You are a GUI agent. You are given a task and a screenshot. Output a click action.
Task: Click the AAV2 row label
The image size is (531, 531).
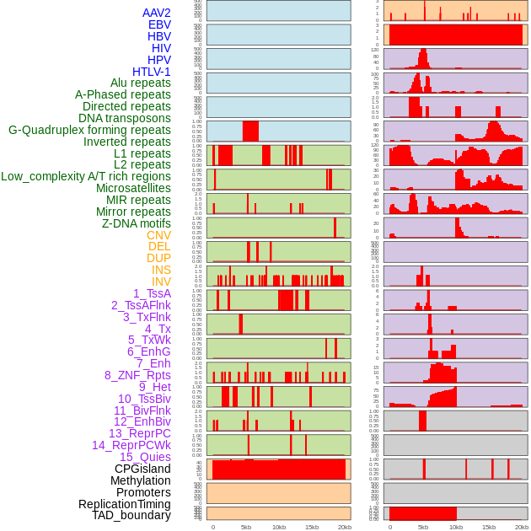[157, 13]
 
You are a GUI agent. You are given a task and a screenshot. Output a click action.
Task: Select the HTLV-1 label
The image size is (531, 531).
[152, 72]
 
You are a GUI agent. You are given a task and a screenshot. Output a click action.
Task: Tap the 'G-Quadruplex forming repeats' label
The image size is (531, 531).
[89, 130]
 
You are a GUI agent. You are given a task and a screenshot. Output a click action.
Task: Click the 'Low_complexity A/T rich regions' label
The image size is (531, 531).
[86, 176]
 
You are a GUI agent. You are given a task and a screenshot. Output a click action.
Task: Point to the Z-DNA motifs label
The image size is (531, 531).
[137, 223]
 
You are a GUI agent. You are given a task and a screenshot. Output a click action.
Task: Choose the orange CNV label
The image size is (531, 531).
[158, 235]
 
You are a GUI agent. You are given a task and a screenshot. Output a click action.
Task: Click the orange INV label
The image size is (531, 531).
[161, 282]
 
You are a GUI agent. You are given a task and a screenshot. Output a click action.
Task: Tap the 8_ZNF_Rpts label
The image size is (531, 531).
[137, 375]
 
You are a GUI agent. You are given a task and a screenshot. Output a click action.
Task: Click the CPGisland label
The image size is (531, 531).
[142, 469]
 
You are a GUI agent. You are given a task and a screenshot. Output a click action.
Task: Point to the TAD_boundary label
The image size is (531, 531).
[131, 515]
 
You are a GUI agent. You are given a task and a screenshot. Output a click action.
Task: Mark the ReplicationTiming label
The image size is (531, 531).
[125, 504]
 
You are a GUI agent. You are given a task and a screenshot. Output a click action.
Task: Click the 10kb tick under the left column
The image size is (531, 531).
[278, 527]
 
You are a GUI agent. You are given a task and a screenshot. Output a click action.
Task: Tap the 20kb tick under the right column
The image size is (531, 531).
[522, 527]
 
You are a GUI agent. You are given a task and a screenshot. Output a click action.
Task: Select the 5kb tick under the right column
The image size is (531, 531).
[423, 527]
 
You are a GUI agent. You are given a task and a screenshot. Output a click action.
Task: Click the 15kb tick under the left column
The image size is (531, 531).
[312, 527]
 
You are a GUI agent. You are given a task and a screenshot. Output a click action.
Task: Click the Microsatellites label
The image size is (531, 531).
[133, 188]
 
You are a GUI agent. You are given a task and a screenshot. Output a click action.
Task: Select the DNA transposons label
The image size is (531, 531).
[125, 118]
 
